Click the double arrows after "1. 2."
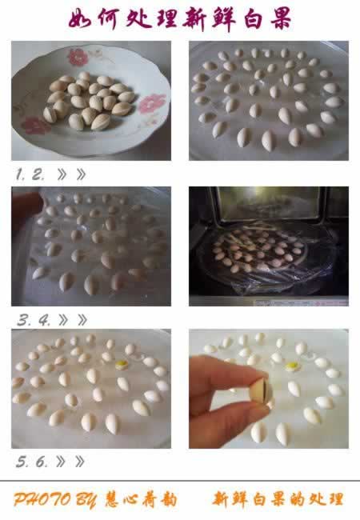(72, 174)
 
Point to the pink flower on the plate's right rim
(151, 103)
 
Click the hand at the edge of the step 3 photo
(24, 211)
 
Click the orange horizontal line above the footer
(180, 481)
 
